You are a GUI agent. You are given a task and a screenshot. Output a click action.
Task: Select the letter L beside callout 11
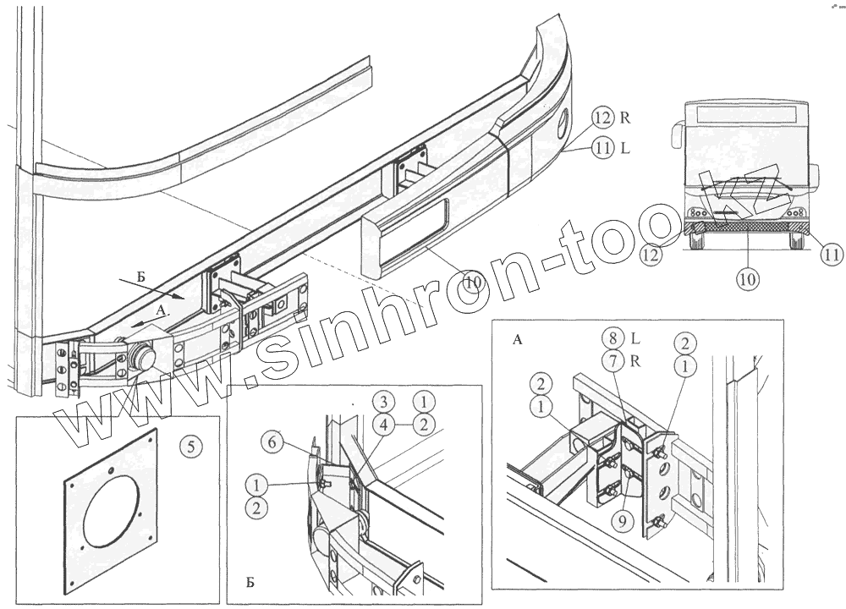[x=624, y=147]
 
